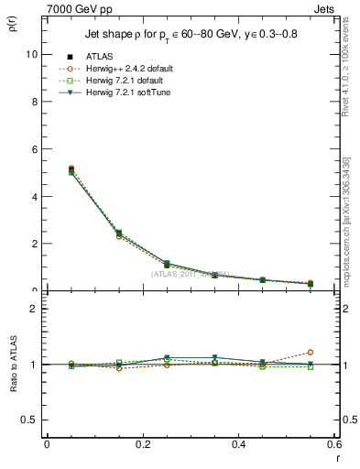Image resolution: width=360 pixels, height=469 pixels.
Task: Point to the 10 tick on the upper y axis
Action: click(30, 54)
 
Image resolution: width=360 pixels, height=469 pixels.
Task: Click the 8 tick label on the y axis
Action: click(32, 102)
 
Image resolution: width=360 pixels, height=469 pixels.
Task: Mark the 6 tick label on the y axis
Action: click(32, 149)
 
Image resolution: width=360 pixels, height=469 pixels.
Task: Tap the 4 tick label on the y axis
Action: click(32, 196)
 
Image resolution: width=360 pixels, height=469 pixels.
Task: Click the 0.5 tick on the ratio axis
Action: click(28, 420)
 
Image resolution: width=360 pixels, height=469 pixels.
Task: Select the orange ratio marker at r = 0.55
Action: click(310, 352)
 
